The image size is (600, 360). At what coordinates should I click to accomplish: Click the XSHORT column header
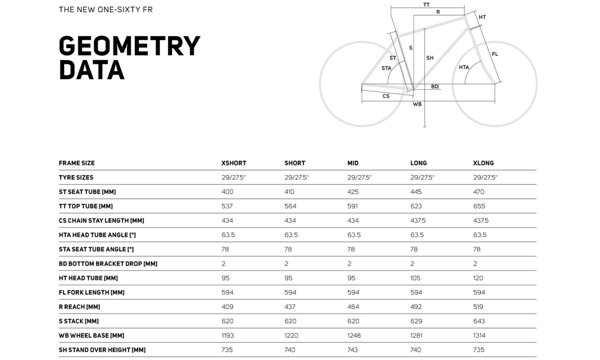[x=234, y=163]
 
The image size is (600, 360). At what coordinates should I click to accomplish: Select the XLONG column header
[x=483, y=163]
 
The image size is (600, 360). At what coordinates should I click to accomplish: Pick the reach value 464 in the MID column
[x=353, y=307]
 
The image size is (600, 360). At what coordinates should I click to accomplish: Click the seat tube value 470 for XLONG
[x=479, y=192]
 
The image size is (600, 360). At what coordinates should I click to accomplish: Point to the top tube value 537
[x=227, y=206]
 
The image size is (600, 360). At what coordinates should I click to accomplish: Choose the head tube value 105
[x=415, y=278]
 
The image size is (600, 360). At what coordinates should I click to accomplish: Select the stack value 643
[x=479, y=321]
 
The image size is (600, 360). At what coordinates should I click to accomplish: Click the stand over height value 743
[x=353, y=350]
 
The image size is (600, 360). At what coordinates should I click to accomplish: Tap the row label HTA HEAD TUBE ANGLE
[x=97, y=235]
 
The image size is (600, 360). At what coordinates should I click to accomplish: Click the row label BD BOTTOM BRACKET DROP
[x=108, y=264]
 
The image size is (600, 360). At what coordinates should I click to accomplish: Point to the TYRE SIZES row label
[x=76, y=178]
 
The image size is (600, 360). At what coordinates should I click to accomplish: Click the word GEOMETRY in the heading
[x=129, y=46]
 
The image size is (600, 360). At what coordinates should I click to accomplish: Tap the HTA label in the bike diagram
[x=464, y=68]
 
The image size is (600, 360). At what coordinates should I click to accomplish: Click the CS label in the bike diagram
[x=386, y=96]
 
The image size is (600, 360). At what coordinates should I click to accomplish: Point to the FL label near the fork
[x=495, y=54]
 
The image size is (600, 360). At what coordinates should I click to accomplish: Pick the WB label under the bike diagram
[x=417, y=104]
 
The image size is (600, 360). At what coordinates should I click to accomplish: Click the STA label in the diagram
[x=386, y=68]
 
